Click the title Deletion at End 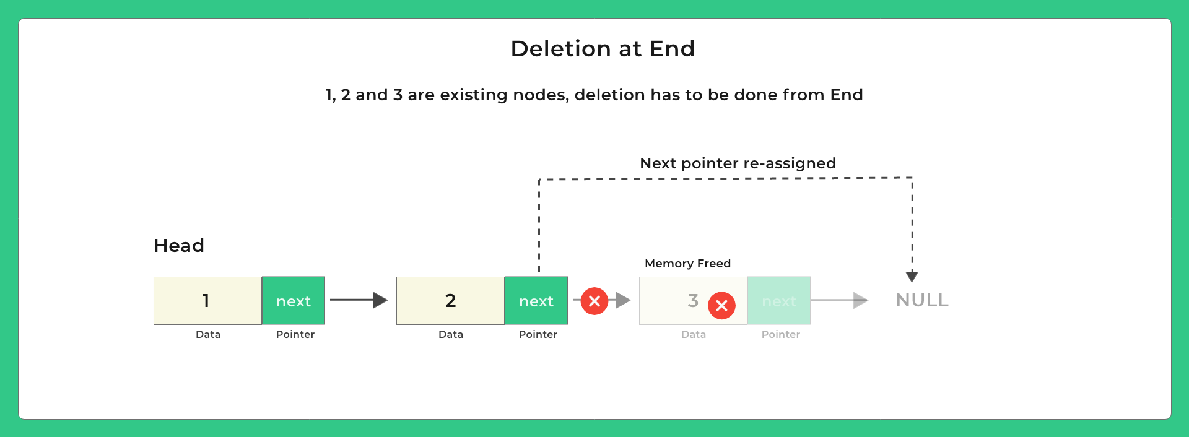pos(603,49)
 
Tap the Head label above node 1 pos(179,246)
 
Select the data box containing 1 pos(207,301)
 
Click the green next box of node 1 pos(294,301)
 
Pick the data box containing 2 pos(450,301)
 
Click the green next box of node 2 pos(536,301)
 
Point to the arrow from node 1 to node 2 pos(359,300)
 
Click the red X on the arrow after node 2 pos(594,301)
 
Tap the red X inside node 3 pos(721,305)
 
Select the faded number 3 pos(693,301)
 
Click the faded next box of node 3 pos(779,301)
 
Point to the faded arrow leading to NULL pos(839,300)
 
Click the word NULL pos(922,300)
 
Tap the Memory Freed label pos(687,264)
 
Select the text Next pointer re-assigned pos(738,163)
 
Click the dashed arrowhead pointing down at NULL pos(912,276)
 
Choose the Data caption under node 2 pos(451,334)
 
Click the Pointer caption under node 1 pos(295,334)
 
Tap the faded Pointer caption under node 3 pos(781,334)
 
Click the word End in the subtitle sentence pos(847,95)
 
